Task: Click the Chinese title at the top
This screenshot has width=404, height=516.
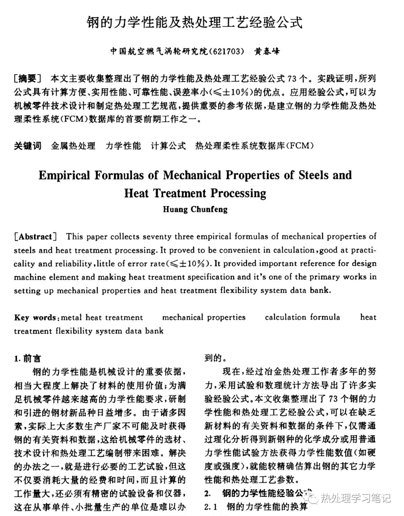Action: pos(195,22)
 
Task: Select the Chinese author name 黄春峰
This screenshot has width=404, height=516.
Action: pos(267,51)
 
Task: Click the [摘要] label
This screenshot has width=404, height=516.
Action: pos(27,79)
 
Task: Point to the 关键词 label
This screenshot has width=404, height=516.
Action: pos(28,146)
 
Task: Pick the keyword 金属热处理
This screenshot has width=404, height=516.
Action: pos(73,146)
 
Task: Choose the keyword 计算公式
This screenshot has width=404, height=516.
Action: pos(168,146)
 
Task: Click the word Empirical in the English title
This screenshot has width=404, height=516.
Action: pos(64,175)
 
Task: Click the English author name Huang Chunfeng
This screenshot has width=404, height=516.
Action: pos(195,209)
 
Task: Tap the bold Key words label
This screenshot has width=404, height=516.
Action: pos(36,318)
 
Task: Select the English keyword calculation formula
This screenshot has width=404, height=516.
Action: pos(302,317)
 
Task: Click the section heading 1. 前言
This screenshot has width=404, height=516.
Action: pos(28,358)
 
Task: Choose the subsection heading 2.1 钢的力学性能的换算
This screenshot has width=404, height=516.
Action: pos(256,507)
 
